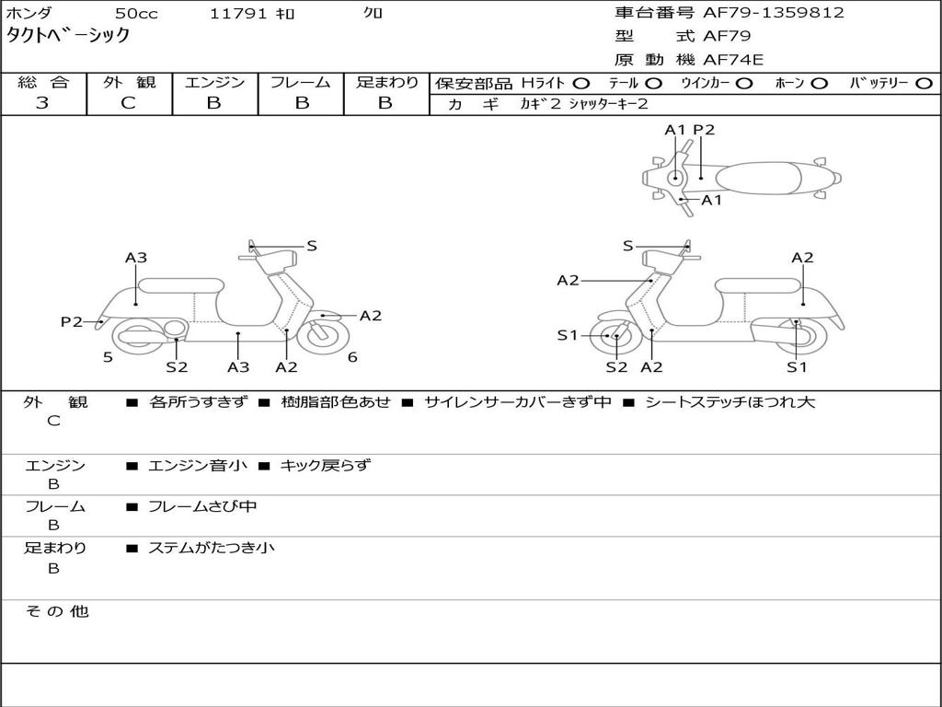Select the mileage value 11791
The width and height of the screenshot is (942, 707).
click(238, 14)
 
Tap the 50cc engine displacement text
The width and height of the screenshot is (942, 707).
click(134, 14)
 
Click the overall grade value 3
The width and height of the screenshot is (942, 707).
click(42, 103)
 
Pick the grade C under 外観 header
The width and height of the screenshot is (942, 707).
click(128, 103)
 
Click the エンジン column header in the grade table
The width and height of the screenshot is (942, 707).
click(214, 83)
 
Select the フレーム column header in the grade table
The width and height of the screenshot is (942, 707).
click(300, 83)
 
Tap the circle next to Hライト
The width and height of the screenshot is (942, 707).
click(581, 84)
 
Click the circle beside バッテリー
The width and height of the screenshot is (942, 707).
click(925, 84)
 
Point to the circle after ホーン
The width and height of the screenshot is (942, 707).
click(820, 84)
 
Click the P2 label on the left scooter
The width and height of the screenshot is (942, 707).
click(72, 321)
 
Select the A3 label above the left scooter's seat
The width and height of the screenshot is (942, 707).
click(136, 258)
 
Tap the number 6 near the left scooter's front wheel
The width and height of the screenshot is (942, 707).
click(352, 357)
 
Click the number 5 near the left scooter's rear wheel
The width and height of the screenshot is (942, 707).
click(108, 357)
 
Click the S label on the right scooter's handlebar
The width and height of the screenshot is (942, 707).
click(628, 246)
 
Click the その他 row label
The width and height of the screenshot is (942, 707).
click(56, 611)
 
